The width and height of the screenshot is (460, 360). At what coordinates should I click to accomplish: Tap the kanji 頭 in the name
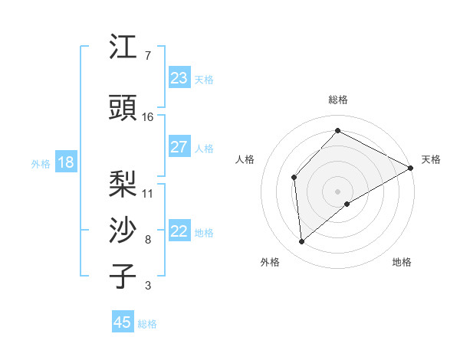coord(123,108)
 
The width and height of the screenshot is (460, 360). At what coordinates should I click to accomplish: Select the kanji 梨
coord(123,183)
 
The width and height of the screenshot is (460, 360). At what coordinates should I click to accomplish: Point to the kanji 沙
coord(123,230)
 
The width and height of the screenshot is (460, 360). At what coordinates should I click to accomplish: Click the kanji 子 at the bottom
coord(123,277)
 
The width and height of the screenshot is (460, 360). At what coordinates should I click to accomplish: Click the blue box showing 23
coord(179,78)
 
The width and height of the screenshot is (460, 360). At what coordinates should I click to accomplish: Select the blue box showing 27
coord(179,147)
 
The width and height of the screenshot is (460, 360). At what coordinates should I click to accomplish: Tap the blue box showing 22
coord(179,231)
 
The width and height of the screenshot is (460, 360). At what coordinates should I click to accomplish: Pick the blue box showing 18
coord(65,162)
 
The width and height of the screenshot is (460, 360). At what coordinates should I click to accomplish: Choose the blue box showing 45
coord(123,322)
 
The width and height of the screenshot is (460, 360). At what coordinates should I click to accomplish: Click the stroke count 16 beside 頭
coord(148,117)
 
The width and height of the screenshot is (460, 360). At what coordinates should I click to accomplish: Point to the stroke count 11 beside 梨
coord(148,193)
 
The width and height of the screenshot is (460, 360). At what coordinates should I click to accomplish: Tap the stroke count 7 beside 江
coord(147,56)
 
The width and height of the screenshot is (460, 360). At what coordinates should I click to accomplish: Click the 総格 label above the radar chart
coord(337,100)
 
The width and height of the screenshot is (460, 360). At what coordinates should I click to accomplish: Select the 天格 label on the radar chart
coord(431,159)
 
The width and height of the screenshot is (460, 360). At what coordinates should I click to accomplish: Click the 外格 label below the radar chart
coord(270,262)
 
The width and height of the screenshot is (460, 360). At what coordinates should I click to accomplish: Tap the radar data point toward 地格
coord(347,204)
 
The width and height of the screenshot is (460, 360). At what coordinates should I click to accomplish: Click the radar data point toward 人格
coord(294,177)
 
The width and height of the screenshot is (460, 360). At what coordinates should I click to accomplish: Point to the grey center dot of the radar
coord(337,191)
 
